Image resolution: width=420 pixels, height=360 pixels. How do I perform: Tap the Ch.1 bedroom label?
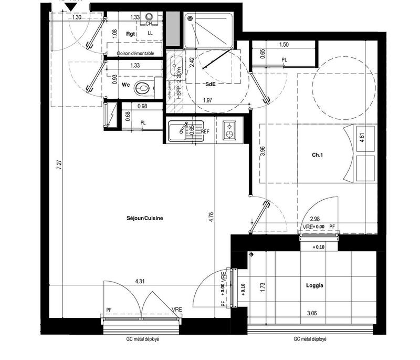tap(317, 155)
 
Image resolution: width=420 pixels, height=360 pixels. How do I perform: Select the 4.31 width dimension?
tap(140, 282)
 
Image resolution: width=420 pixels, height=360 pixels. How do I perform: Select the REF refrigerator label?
tap(206, 131)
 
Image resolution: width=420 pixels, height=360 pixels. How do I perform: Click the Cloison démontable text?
tap(135, 54)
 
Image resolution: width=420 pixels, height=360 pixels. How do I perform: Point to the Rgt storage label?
tap(131, 34)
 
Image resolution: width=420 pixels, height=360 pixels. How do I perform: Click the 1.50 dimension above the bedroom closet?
tap(284, 45)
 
